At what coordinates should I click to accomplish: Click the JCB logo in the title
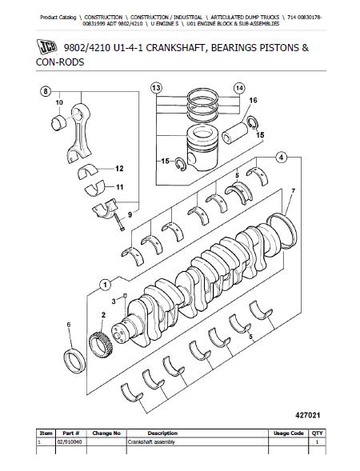click(x=47, y=47)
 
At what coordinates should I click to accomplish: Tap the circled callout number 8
click(x=46, y=91)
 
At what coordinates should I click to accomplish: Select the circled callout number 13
click(x=156, y=88)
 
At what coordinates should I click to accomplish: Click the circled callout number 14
click(x=239, y=88)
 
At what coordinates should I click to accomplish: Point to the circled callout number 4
click(x=282, y=157)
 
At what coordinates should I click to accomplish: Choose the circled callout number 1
click(x=105, y=285)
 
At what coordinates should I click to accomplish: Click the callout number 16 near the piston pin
click(x=253, y=100)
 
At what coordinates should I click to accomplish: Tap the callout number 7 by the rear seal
click(x=293, y=191)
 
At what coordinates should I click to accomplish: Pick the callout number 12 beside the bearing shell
click(x=119, y=169)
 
